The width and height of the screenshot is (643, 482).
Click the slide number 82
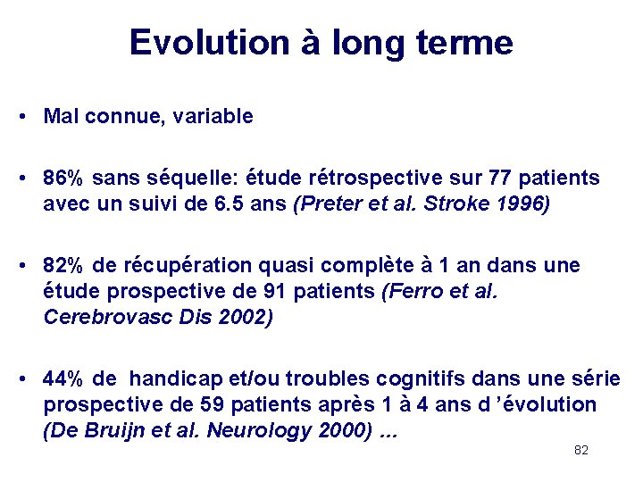point(581,451)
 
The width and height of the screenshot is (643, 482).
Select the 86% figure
point(63,179)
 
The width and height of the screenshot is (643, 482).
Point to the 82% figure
point(63,266)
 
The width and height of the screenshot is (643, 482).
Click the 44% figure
point(63,379)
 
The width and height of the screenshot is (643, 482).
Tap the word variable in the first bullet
point(214,116)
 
